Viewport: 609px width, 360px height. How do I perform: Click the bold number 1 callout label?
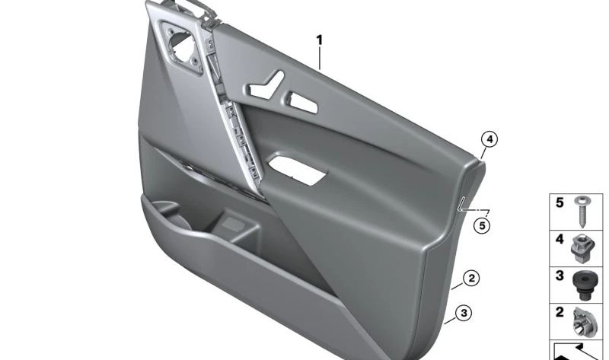click(320, 40)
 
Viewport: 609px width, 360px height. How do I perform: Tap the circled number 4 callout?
click(489, 139)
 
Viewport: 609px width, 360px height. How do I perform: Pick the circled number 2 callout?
click(472, 279)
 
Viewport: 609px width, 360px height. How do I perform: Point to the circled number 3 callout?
click(463, 311)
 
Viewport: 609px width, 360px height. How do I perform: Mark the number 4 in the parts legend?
click(560, 240)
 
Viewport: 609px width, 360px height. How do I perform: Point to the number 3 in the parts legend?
click(560, 276)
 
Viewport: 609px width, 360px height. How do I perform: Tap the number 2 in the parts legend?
click(560, 312)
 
